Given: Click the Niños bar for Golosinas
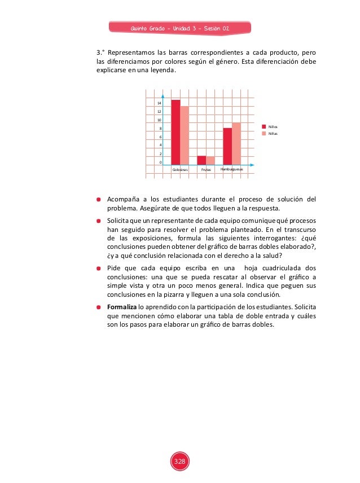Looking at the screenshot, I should [x=176, y=132].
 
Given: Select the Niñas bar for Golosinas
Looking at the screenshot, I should [x=185, y=135].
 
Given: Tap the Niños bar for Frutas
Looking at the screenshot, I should [x=201, y=160].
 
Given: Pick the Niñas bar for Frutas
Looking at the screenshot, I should [x=210, y=160].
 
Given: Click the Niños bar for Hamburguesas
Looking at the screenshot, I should [x=227, y=146].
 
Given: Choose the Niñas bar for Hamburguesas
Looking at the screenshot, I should [x=236, y=143].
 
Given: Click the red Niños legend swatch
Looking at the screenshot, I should [x=264, y=128].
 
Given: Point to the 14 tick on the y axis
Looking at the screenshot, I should [x=159, y=103].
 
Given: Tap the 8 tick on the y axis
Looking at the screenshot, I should [x=160, y=129].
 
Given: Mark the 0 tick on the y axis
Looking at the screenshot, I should [x=160, y=163].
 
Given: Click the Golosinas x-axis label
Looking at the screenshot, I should [x=180, y=169].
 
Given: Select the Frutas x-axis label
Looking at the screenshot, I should [x=206, y=169].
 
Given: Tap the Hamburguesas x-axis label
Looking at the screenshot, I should [x=231, y=169].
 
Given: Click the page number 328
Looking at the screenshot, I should [x=179, y=462].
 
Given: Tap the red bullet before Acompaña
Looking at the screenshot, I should [x=98, y=199].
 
